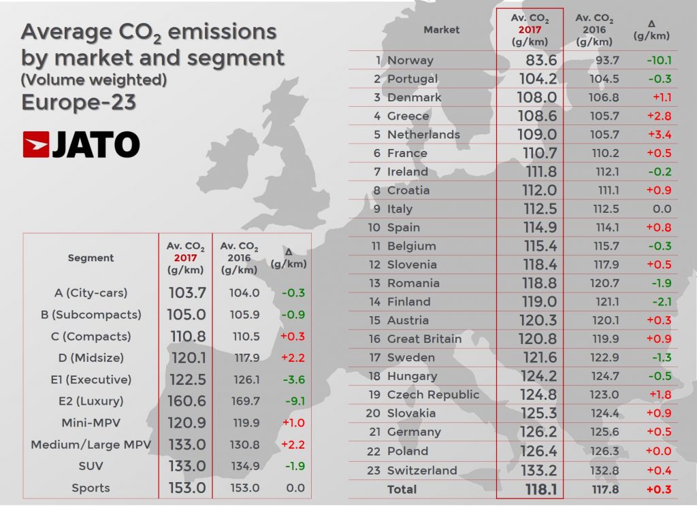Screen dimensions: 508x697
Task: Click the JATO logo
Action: pos(81,144)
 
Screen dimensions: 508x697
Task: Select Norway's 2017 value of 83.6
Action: pos(537,60)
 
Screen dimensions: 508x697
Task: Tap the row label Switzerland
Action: pos(422,470)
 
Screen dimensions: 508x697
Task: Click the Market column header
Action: pos(441,29)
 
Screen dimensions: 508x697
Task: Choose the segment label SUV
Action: pos(91,466)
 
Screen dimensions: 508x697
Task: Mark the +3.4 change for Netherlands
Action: pos(657,134)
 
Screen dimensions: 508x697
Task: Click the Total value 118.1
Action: pos(537,489)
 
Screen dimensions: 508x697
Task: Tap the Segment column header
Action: pos(91,258)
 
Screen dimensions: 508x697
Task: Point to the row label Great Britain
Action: pos(424,339)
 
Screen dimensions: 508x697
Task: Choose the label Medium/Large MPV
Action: pos(91,445)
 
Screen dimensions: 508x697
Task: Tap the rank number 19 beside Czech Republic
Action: pos(374,394)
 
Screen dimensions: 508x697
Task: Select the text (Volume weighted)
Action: pos(94,80)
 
